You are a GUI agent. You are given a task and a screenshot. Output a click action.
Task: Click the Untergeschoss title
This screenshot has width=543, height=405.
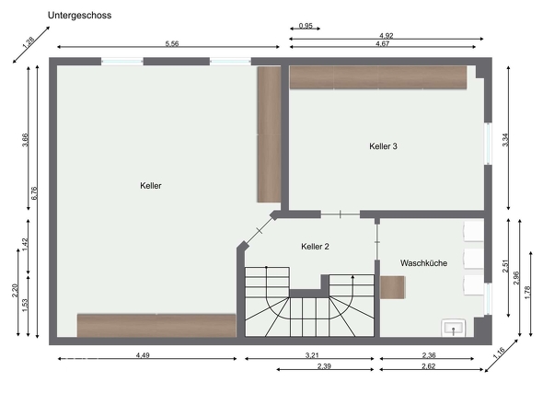(80, 16)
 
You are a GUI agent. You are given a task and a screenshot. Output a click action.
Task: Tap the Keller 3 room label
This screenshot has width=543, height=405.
(383, 146)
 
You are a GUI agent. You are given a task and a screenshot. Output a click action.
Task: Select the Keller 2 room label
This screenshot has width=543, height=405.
(315, 247)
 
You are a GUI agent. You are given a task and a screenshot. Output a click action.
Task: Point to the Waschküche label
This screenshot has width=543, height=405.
(423, 263)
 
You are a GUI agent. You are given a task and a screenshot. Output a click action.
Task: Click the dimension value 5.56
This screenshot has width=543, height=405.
(172, 43)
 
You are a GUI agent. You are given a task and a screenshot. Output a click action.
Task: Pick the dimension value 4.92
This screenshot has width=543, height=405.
(387, 35)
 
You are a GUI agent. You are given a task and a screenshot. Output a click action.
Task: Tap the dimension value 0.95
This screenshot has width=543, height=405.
(306, 26)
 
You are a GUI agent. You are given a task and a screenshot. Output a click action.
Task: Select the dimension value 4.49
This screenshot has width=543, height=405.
(143, 355)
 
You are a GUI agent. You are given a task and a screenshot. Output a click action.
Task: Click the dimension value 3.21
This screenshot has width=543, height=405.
(312, 355)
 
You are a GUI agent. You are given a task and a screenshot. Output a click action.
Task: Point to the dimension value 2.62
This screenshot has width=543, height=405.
(428, 365)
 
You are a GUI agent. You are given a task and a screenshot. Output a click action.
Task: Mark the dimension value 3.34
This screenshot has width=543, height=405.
(505, 140)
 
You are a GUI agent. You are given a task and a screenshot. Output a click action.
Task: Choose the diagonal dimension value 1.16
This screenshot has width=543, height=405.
(499, 353)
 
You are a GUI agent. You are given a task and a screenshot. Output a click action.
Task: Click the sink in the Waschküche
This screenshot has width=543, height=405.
(454, 328)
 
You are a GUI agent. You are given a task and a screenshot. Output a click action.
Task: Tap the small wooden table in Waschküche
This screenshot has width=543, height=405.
(393, 287)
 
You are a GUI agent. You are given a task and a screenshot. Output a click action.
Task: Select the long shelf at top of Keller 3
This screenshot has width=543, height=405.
(378, 77)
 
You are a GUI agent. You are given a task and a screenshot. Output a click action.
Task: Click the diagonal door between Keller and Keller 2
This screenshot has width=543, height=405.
(260, 230)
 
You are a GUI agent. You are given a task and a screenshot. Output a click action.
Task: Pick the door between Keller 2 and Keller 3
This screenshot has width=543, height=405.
(341, 214)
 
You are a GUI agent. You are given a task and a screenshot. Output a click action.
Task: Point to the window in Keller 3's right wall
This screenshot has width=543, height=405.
(488, 144)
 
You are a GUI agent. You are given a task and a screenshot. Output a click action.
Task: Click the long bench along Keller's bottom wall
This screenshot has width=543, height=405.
(156, 325)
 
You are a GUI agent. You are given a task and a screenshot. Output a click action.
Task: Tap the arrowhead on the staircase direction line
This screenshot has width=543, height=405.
(352, 277)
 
